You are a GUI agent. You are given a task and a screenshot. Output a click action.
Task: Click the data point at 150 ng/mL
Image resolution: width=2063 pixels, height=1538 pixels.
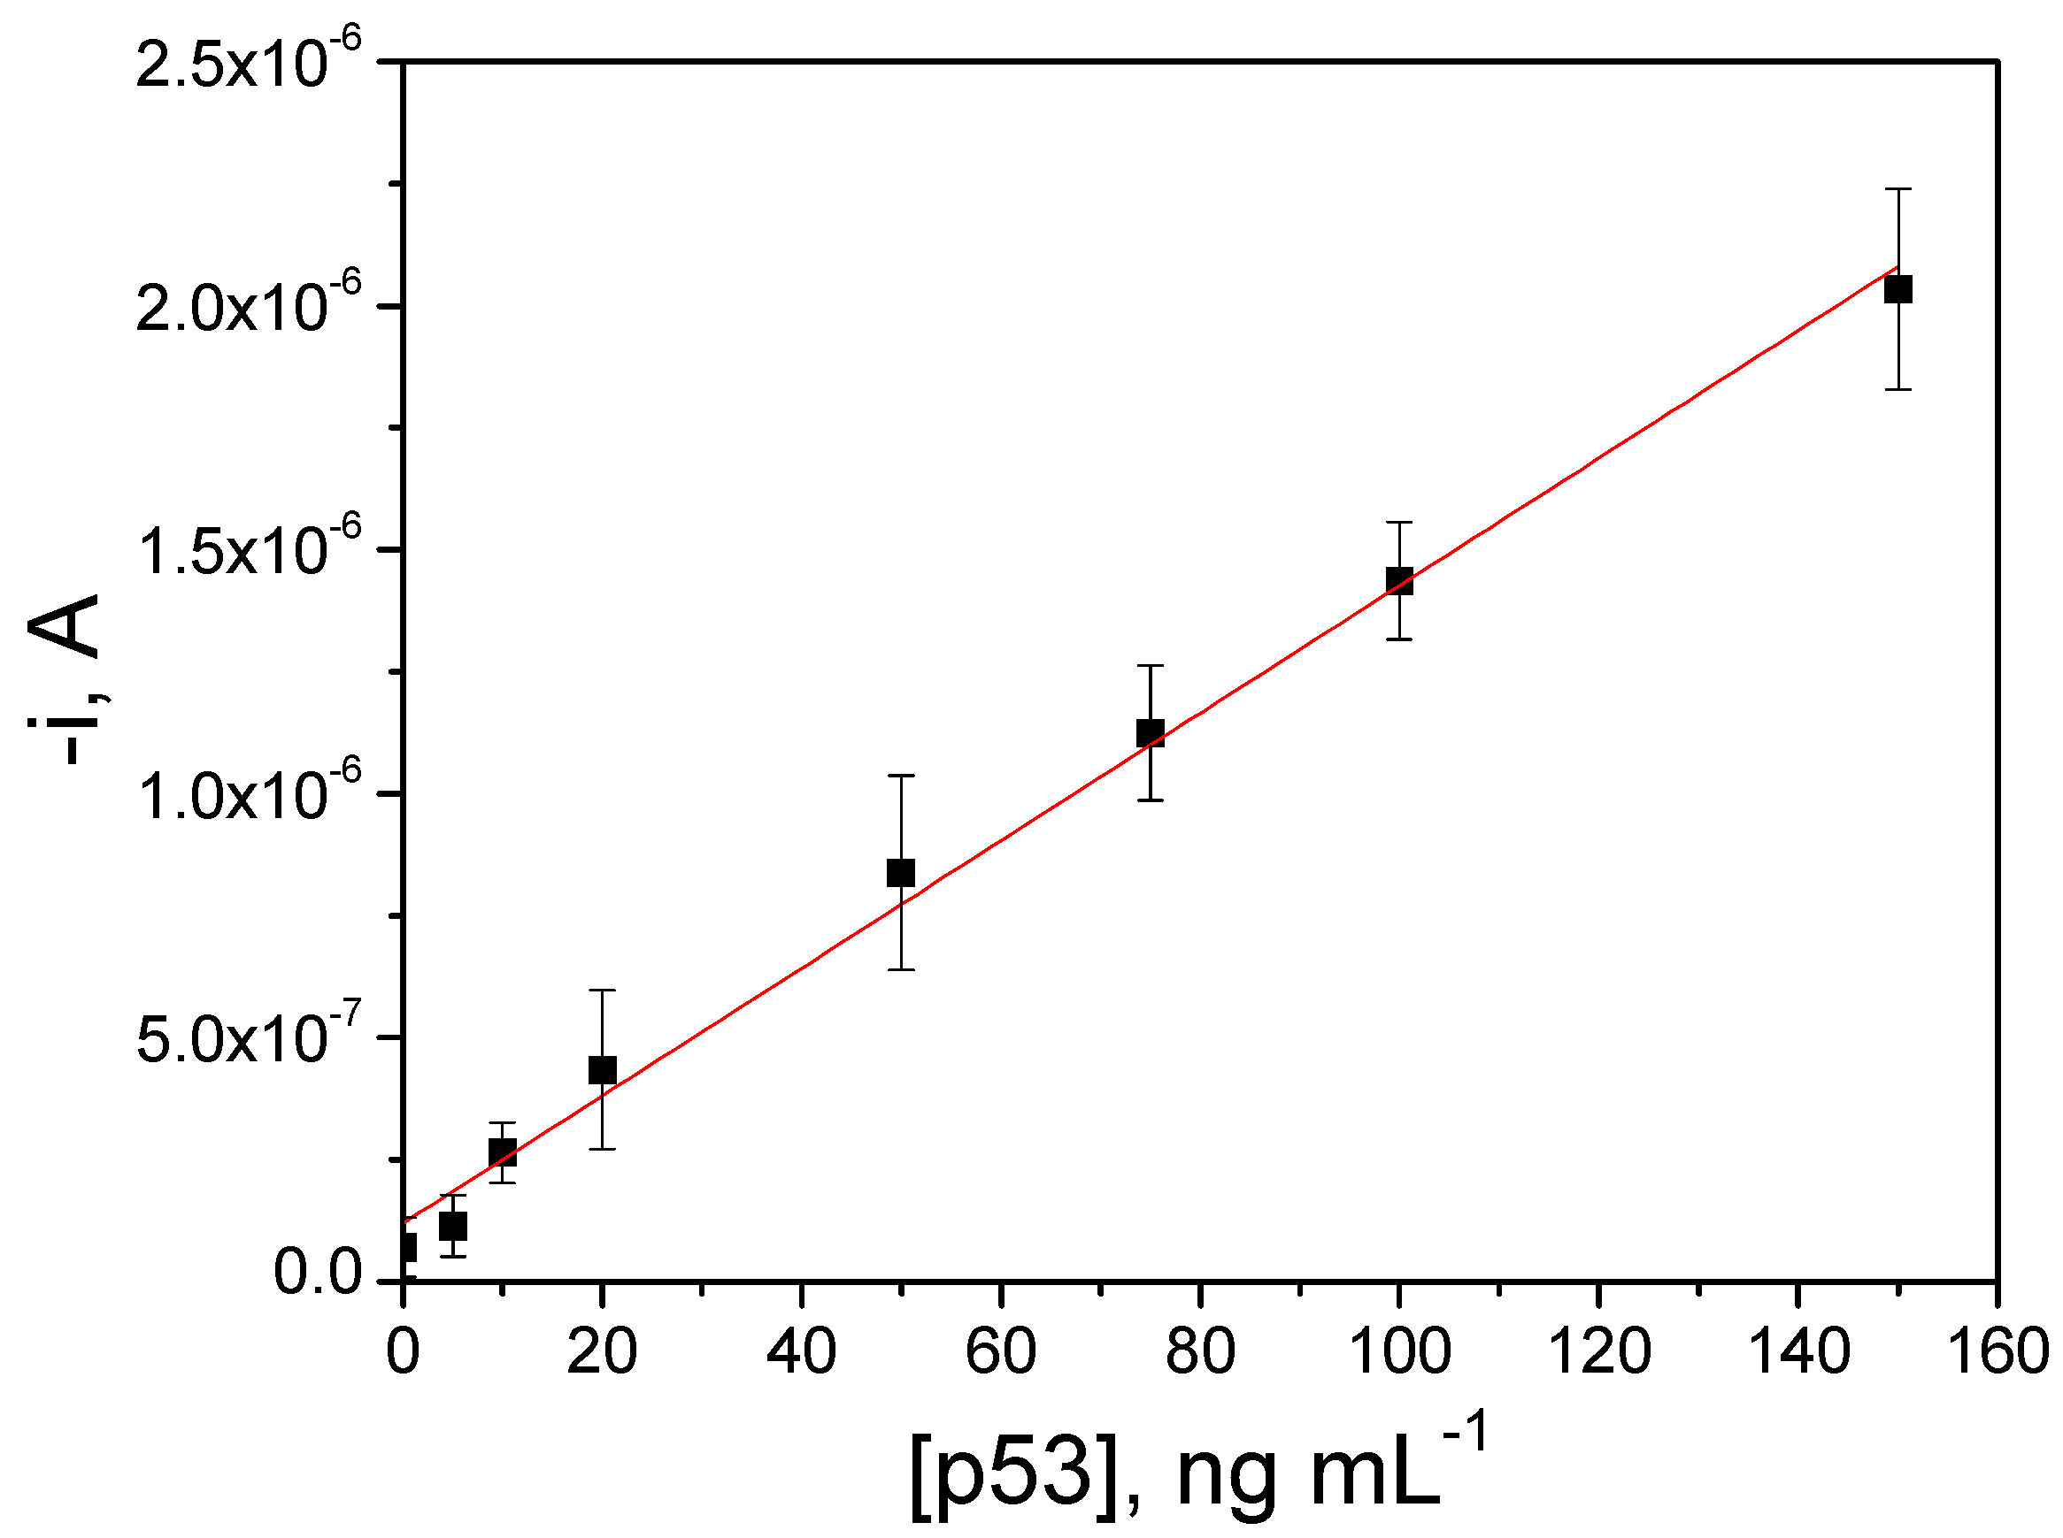[x=1897, y=289]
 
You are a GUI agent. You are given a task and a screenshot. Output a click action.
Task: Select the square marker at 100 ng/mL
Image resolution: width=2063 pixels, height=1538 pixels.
[x=1399, y=581]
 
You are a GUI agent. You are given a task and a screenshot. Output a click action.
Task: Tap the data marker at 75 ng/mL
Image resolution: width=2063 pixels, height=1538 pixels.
[x=1151, y=733]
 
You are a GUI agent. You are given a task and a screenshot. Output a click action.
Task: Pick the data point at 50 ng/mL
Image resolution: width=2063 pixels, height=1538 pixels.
[x=901, y=873]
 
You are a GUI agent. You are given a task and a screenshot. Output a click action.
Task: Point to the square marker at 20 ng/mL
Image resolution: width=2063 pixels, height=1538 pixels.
[x=603, y=1070]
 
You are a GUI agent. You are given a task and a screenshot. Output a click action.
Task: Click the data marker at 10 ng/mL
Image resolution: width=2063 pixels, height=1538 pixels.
[x=502, y=1152]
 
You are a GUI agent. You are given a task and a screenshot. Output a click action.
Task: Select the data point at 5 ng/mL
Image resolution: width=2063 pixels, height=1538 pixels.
[x=452, y=1226]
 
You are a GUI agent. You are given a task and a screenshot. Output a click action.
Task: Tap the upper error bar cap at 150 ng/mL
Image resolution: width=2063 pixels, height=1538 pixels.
[x=1897, y=189]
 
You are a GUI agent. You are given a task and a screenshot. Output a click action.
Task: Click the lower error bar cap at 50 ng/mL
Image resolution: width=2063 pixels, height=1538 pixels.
[x=901, y=969]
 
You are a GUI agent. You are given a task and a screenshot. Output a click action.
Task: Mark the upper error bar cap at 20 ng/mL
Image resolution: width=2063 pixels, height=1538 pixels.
[x=603, y=990]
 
